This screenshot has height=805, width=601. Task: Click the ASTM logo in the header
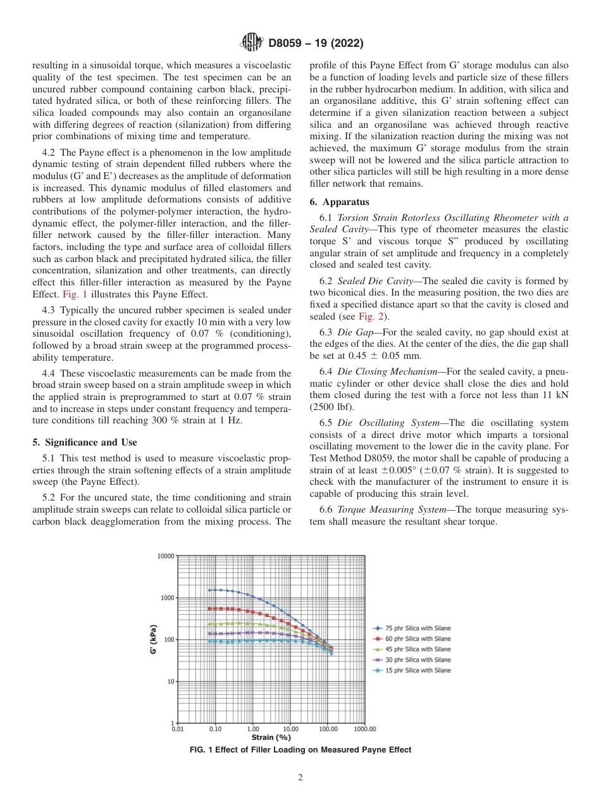tap(252, 44)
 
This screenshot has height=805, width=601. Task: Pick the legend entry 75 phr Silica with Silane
tap(418, 628)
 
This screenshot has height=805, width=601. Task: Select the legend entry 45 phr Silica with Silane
tap(418, 649)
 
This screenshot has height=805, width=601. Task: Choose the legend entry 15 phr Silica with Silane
tap(418, 670)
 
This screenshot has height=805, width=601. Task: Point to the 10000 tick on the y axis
tap(166, 556)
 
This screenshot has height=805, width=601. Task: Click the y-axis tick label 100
tap(169, 640)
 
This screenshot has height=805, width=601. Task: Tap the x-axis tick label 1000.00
tap(365, 729)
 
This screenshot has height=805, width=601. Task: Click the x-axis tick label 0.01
tap(178, 729)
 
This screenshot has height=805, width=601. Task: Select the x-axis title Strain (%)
tap(271, 737)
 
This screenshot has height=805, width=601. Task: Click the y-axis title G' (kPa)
tap(154, 640)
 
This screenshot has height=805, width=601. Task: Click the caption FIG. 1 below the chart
tap(300, 750)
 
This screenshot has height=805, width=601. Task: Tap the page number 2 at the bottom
tap(300, 778)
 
